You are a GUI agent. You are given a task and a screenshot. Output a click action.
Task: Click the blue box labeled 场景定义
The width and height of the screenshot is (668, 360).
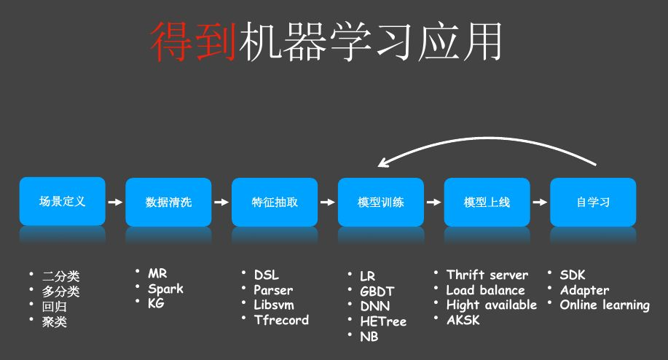(x=62, y=201)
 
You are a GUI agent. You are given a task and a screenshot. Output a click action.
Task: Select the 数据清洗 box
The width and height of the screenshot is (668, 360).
(x=168, y=202)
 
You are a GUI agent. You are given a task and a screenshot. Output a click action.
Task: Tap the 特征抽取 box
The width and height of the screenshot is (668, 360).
(x=275, y=202)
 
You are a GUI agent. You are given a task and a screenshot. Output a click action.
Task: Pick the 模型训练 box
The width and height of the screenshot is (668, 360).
(x=381, y=202)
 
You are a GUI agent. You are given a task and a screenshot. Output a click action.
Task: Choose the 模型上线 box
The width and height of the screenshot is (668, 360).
(x=487, y=202)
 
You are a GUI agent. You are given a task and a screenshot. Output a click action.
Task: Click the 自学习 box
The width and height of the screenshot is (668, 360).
(x=593, y=202)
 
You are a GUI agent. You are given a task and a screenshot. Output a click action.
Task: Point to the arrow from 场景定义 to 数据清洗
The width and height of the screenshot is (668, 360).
(x=115, y=202)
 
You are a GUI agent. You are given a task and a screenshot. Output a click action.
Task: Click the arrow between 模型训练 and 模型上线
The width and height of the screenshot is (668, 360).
(x=434, y=202)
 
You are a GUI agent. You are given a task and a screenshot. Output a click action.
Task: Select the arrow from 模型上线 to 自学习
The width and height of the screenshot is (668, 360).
(x=540, y=202)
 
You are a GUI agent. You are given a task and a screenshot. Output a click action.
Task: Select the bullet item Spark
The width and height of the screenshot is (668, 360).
(x=165, y=289)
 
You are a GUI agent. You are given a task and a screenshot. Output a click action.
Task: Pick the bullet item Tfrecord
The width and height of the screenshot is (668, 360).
(x=281, y=320)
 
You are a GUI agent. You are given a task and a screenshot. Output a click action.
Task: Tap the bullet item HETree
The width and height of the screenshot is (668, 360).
(x=382, y=321)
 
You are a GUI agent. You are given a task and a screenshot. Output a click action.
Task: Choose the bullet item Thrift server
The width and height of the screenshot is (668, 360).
(x=487, y=275)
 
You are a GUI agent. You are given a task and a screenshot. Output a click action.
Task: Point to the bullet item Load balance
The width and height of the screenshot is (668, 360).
(x=485, y=290)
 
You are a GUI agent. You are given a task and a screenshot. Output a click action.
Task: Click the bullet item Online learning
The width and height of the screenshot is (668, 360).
(x=605, y=305)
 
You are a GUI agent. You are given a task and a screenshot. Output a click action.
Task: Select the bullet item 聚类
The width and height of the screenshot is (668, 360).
(x=55, y=321)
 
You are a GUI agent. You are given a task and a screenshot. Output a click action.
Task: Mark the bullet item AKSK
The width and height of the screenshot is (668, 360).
(x=463, y=320)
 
